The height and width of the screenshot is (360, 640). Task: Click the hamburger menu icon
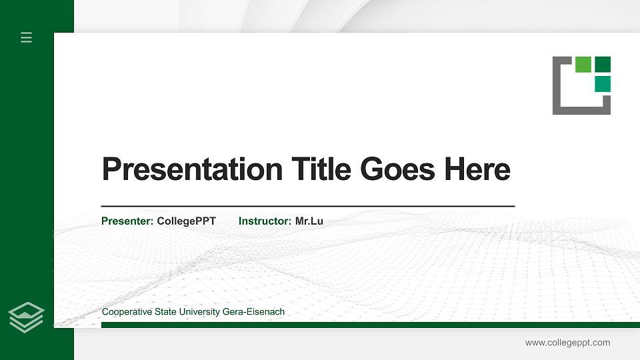click(x=27, y=37)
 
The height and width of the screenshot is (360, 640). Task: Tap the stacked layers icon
click(x=27, y=317)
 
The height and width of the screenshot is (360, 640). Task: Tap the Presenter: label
click(x=127, y=221)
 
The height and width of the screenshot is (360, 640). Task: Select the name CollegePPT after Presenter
click(x=186, y=221)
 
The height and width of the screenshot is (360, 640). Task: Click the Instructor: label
click(x=265, y=221)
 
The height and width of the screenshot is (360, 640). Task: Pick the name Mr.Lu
click(x=309, y=221)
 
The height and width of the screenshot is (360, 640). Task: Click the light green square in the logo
click(x=583, y=64)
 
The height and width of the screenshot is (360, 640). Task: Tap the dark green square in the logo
click(x=603, y=64)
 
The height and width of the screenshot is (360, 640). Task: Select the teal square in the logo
click(x=603, y=83)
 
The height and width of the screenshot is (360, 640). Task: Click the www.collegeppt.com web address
click(x=567, y=343)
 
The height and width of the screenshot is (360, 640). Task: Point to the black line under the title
click(x=307, y=207)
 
